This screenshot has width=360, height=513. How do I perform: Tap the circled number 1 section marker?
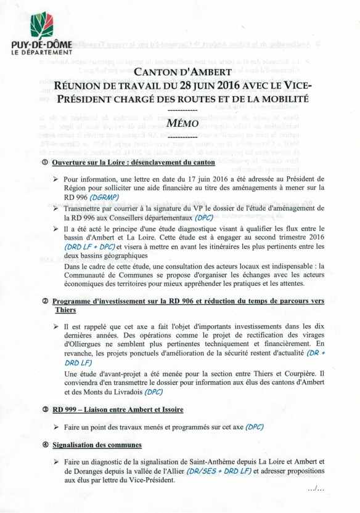pos(45,163)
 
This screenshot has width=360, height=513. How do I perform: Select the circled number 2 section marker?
pos(45,301)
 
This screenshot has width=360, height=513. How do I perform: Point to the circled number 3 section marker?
pos(45,409)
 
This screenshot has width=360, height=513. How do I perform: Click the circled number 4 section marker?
pos(45,444)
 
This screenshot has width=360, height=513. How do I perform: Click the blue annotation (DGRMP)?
pos(108,198)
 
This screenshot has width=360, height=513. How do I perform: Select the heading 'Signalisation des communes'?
pos(97,444)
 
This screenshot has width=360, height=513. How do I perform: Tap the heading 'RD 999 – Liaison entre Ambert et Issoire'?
pos(118,409)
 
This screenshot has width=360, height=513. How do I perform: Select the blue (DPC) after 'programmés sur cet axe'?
pos(260,426)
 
